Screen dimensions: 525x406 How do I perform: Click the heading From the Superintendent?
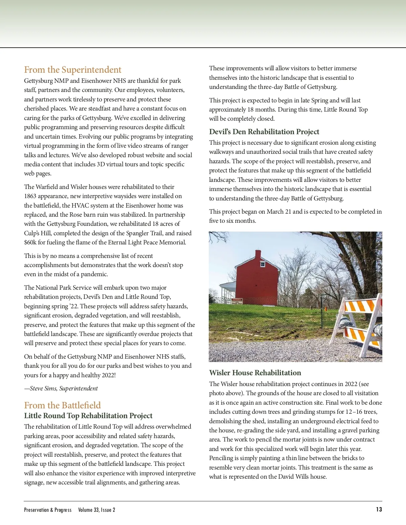click(x=72, y=70)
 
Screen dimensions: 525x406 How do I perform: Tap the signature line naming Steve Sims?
click(x=61, y=388)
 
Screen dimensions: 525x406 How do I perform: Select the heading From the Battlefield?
click(x=62, y=405)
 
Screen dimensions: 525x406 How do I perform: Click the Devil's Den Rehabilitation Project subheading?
click(x=264, y=132)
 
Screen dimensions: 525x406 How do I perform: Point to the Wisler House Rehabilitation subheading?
click(x=255, y=373)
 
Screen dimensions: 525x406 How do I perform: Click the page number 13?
click(x=379, y=509)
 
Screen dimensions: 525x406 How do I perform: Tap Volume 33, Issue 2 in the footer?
click(x=96, y=510)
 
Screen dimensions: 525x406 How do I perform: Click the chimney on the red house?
click(x=258, y=255)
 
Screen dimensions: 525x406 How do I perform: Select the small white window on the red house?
click(x=263, y=264)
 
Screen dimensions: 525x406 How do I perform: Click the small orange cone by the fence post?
click(x=325, y=308)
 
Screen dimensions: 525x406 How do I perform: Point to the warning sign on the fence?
click(x=237, y=301)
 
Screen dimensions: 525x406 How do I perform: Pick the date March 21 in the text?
click(x=279, y=212)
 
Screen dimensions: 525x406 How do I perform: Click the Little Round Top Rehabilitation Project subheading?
click(x=88, y=415)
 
